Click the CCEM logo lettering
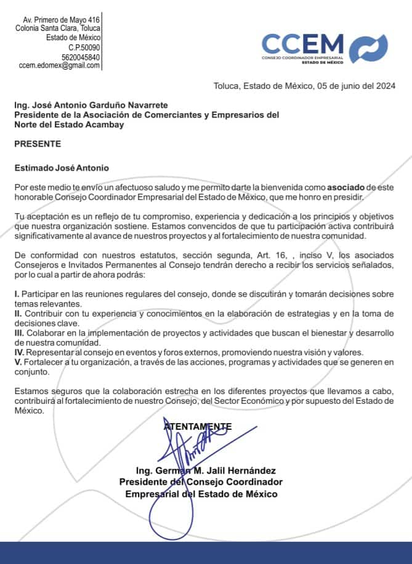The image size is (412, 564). [302, 43]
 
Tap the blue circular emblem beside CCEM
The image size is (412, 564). [369, 48]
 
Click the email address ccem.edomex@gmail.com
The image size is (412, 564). [59, 65]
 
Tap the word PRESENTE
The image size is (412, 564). [38, 144]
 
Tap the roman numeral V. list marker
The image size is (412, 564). [18, 363]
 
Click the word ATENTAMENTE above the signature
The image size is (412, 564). [198, 426]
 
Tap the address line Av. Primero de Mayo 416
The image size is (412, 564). [61, 20]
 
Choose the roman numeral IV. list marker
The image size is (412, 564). [19, 353]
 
